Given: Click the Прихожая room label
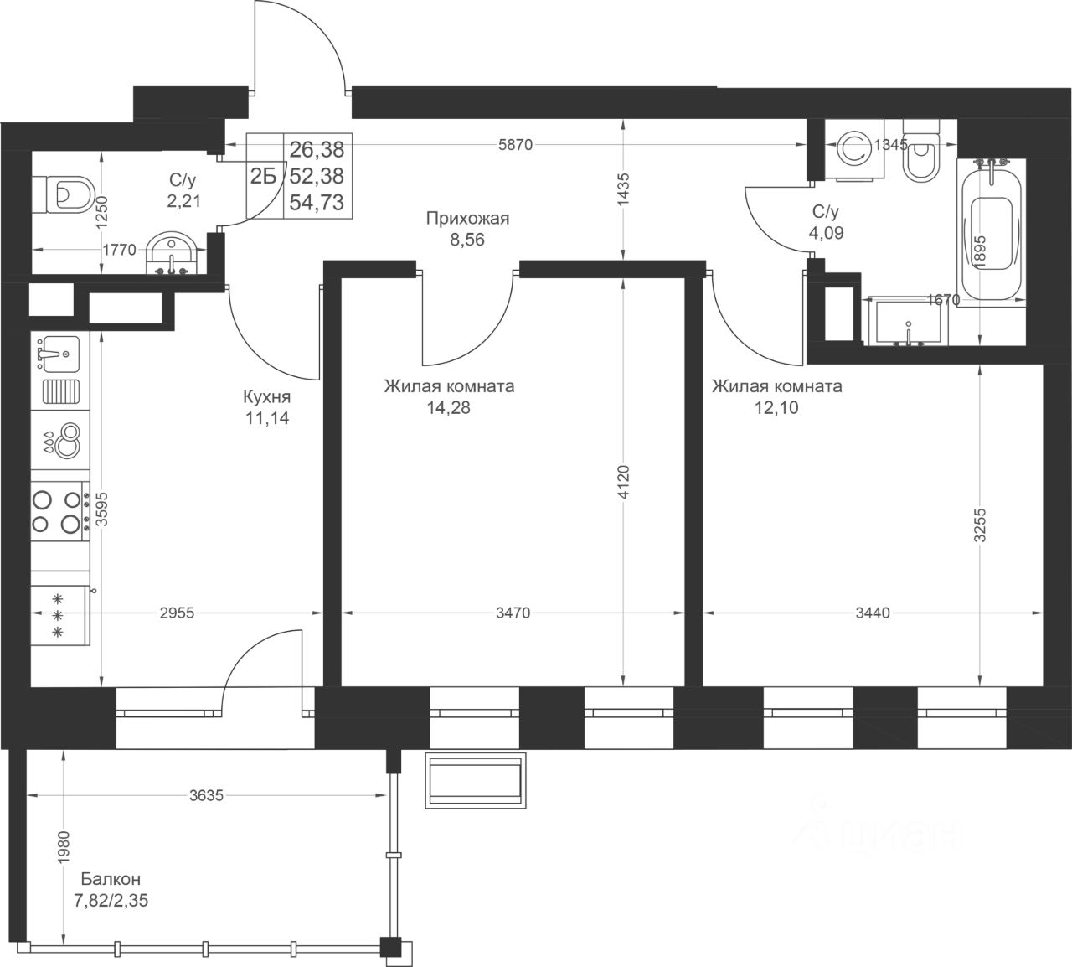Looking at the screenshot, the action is (467, 218).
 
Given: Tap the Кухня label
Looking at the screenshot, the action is (266, 396).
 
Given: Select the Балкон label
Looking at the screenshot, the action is (111, 879).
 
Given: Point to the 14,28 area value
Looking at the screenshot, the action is (448, 407).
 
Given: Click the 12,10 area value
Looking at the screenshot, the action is (776, 407).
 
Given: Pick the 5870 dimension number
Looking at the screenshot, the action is (515, 144).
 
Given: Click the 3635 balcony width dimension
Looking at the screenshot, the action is (206, 795).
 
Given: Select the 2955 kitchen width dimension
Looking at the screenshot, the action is (177, 613).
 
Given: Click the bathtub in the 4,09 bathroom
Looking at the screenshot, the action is (992, 233).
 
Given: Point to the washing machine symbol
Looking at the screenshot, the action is (854, 150).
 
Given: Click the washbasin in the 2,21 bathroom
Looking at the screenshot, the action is (172, 254).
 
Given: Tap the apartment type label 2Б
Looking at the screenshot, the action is (264, 176).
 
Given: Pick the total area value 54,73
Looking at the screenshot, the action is (317, 203).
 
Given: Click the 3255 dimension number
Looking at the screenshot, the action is (980, 525).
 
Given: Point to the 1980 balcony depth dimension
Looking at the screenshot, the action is (64, 846).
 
